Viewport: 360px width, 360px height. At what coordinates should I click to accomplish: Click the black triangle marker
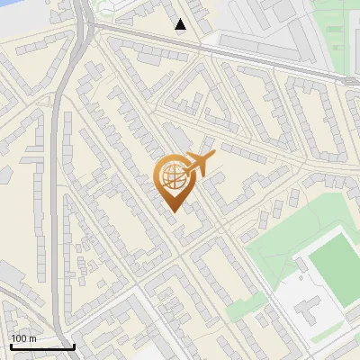point(181,24)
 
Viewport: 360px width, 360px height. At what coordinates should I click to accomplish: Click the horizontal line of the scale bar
point(41,346)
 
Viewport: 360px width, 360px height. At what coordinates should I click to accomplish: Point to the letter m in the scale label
point(33,338)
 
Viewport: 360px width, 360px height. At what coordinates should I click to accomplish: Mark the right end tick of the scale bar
point(74,345)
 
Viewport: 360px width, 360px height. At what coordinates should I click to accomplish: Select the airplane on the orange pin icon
point(196,166)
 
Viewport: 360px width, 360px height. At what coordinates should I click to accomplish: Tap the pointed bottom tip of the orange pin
point(173,212)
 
